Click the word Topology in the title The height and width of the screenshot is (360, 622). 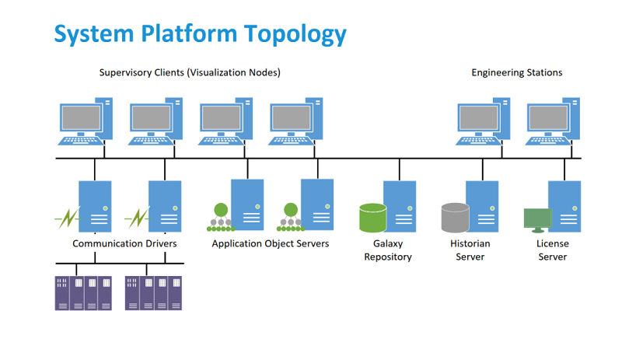click(294, 33)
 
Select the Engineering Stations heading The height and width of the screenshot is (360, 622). click(516, 72)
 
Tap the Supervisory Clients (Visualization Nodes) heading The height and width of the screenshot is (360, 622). click(190, 72)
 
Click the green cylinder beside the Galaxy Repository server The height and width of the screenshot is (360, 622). click(372, 218)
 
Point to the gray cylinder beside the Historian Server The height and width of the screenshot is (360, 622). click(455, 218)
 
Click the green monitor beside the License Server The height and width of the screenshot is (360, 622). click(536, 219)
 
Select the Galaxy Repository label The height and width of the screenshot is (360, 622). click(387, 250)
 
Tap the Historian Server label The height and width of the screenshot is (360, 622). click(470, 250)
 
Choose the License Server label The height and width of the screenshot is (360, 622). click(553, 250)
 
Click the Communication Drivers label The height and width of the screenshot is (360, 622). click(124, 243)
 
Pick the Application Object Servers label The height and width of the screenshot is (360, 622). click(271, 243)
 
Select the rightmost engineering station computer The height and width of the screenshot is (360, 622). click(553, 121)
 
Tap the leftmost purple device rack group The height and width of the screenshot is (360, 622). click(83, 293)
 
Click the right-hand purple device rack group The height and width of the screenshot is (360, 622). click(153, 293)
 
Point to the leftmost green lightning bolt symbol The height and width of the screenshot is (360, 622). click(66, 218)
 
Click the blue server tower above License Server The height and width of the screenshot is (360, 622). click(564, 206)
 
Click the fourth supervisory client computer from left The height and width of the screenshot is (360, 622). click(296, 121)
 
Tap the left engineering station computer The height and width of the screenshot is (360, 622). click(483, 121)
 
